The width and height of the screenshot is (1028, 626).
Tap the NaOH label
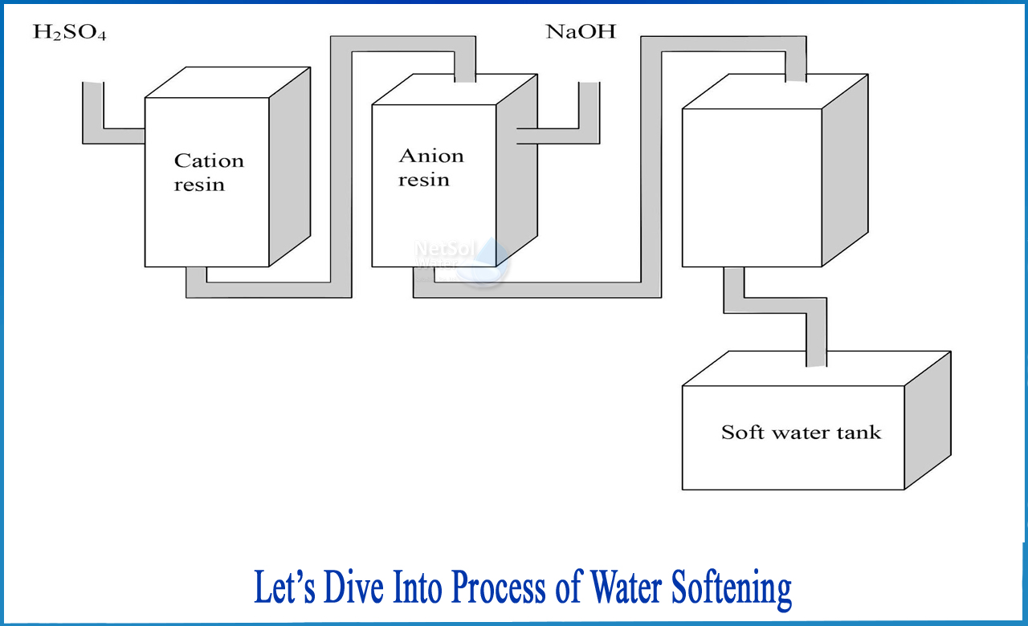pos(581,33)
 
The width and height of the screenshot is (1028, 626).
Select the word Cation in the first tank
pos(209,161)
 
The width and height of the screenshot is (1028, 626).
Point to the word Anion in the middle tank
pos(431,156)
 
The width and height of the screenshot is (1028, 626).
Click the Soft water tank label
pos(801,433)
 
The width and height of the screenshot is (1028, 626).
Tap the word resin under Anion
pos(423,180)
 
